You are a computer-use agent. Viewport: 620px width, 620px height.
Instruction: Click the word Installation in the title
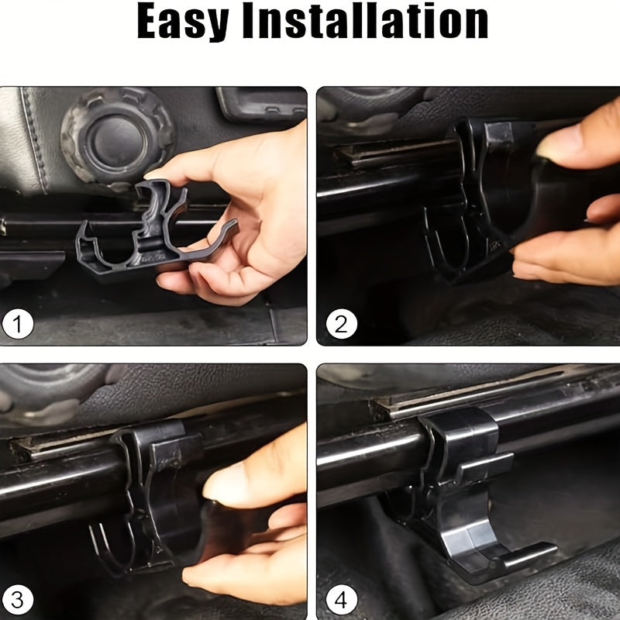pyautogui.click(x=364, y=20)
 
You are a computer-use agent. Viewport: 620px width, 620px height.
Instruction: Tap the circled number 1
pyautogui.click(x=17, y=324)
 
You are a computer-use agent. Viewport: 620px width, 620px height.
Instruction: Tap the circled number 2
pyautogui.click(x=341, y=324)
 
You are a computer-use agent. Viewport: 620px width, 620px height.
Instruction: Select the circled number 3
pyautogui.click(x=17, y=600)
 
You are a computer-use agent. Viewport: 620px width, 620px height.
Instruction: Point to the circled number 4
pyautogui.click(x=341, y=600)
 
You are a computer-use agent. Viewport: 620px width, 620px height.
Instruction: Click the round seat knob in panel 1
pyautogui.click(x=117, y=136)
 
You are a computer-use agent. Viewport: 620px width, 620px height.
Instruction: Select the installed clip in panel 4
pyautogui.click(x=474, y=494)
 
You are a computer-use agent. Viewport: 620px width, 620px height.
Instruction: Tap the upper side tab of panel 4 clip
pyautogui.click(x=487, y=467)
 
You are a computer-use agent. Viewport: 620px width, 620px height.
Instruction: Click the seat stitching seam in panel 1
pyautogui.click(x=33, y=139)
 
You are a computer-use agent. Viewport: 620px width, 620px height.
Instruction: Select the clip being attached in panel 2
pyautogui.click(x=487, y=198)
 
